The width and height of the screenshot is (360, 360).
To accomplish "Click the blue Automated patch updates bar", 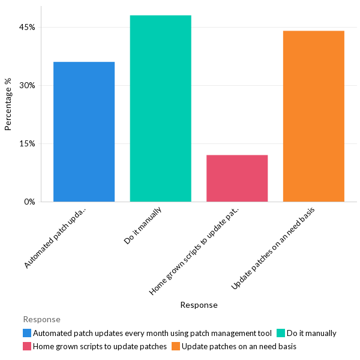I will click(84, 132).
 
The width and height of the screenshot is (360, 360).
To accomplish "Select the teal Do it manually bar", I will click(160, 109).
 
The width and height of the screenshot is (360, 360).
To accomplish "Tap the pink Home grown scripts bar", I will click(237, 178).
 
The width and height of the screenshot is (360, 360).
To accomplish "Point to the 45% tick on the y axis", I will click(29, 28).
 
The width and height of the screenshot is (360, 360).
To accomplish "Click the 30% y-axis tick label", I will click(29, 86).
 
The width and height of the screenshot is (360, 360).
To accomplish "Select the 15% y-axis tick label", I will click(29, 144).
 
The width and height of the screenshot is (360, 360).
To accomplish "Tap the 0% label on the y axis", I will click(31, 202).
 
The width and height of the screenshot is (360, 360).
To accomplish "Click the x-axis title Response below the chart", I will click(199, 305).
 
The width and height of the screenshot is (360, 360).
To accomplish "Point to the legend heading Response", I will click(41, 320).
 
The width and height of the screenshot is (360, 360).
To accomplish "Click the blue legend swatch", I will click(27, 333).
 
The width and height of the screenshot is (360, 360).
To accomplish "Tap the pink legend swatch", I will click(27, 346).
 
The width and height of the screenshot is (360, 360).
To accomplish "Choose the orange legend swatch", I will click(175, 346).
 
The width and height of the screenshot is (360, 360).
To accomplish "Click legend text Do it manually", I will click(311, 333).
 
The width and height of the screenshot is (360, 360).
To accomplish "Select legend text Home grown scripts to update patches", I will click(100, 346).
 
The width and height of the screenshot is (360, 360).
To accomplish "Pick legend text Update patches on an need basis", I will click(239, 346).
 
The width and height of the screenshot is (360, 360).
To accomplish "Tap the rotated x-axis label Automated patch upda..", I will click(57, 237).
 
